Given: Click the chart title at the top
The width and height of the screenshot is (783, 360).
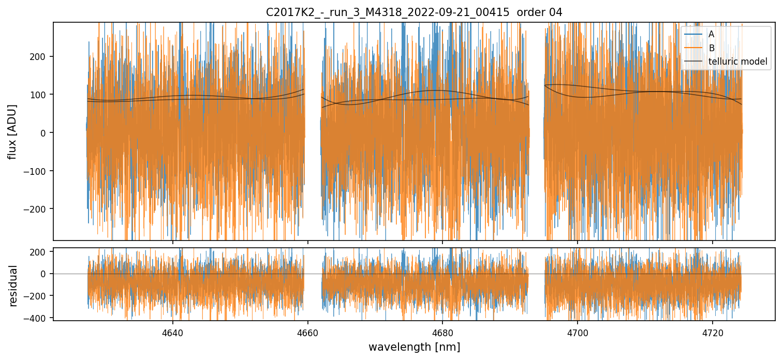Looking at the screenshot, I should click(414, 12).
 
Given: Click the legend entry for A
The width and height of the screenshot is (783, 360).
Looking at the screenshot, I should click(711, 34).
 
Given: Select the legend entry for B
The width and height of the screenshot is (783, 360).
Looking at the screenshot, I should click(711, 48).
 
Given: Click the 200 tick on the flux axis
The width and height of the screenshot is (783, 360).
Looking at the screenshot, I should click(41, 56).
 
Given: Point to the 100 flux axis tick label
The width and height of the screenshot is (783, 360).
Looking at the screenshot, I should click(41, 95).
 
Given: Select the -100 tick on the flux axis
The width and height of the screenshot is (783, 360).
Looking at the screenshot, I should click(39, 171).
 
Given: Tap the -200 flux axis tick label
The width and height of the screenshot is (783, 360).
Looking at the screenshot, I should click(39, 209).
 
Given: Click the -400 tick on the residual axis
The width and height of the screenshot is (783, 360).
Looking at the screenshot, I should click(39, 317).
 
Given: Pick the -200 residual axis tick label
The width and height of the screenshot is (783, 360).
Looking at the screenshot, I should click(39, 296).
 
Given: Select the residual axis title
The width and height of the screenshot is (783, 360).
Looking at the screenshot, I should click(13, 286).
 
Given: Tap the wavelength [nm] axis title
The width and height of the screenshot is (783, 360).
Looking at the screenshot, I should click(414, 347).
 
